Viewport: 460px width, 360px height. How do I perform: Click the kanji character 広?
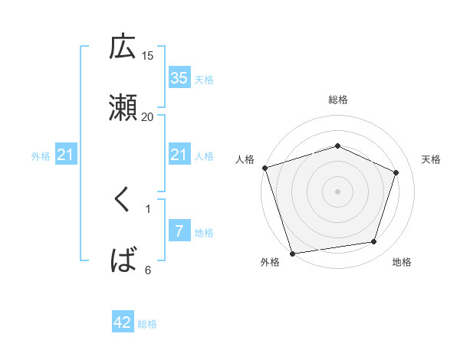pyautogui.click(x=123, y=48)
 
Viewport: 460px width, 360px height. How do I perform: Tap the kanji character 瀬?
pyautogui.click(x=123, y=108)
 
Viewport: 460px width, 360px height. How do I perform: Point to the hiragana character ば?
pyautogui.click(x=123, y=260)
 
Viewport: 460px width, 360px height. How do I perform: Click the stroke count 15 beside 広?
pyautogui.click(x=148, y=56)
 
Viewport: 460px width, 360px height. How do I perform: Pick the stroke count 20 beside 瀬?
pyautogui.click(x=148, y=116)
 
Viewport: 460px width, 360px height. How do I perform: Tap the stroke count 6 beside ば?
pyautogui.click(x=148, y=270)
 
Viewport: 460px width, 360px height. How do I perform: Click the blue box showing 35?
pyautogui.click(x=179, y=78)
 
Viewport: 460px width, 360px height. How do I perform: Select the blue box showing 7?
pyautogui.click(x=179, y=231)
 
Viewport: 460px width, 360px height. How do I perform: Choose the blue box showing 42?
pyautogui.click(x=123, y=322)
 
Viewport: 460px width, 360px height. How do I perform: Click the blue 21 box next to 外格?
pyautogui.click(x=66, y=155)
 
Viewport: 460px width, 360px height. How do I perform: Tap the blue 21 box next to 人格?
pyautogui.click(x=179, y=155)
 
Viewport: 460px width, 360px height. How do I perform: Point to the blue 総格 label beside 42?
pyautogui.click(x=147, y=324)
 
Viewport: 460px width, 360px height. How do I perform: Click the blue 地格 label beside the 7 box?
pyautogui.click(x=204, y=233)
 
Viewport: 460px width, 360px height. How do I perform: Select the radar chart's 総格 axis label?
pyautogui.click(x=338, y=100)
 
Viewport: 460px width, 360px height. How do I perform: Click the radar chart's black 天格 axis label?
pyautogui.click(x=432, y=159)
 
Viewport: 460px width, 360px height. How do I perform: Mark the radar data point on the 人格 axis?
pyautogui.click(x=264, y=168)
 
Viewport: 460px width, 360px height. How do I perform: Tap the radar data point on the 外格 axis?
pyautogui.click(x=292, y=254)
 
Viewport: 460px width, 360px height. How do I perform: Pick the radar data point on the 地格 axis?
pyautogui.click(x=374, y=242)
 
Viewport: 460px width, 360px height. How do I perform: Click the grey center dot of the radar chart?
pyautogui.click(x=337, y=191)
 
